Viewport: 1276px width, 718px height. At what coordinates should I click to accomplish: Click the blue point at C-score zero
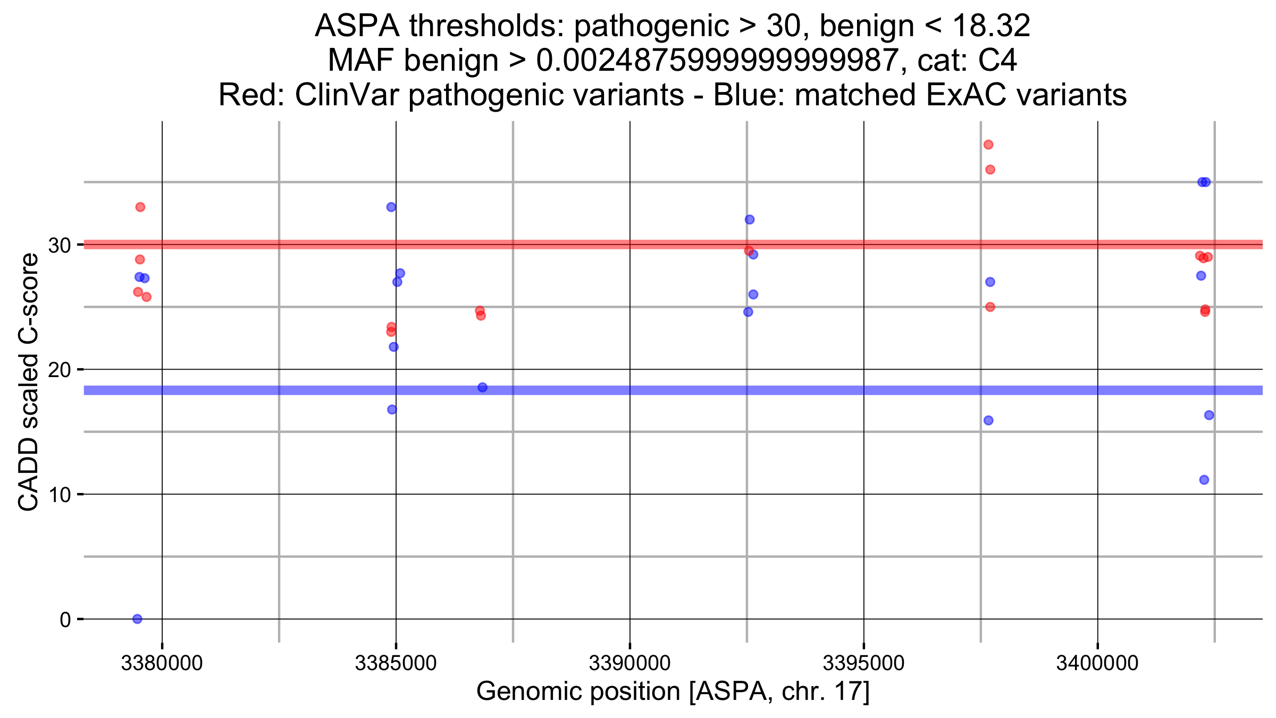coord(137,619)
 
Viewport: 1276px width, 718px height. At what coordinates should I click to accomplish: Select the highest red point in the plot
coord(988,145)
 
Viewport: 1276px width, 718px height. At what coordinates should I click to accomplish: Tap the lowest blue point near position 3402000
coord(1204,480)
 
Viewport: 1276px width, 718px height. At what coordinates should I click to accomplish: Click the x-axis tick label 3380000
coord(162,663)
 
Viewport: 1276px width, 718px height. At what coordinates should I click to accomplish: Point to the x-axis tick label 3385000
coord(396,663)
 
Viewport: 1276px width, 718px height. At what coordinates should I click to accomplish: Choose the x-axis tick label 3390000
coord(629,663)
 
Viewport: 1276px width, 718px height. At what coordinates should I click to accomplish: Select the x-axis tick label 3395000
coord(863,663)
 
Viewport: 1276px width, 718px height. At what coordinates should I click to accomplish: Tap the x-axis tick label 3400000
coord(1097,663)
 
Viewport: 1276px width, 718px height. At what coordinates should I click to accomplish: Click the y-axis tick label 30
coord(60,245)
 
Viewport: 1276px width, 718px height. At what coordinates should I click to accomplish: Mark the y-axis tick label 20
coord(60,370)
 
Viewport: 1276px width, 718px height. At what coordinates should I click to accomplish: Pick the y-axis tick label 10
coord(60,495)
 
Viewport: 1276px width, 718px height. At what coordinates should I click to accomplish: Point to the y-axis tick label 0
coord(65,620)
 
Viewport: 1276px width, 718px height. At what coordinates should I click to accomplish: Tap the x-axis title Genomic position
coord(673,691)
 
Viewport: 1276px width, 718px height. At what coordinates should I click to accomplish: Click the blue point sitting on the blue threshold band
coord(482,387)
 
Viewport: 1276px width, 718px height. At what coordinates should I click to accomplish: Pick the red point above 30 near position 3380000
coord(140,207)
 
